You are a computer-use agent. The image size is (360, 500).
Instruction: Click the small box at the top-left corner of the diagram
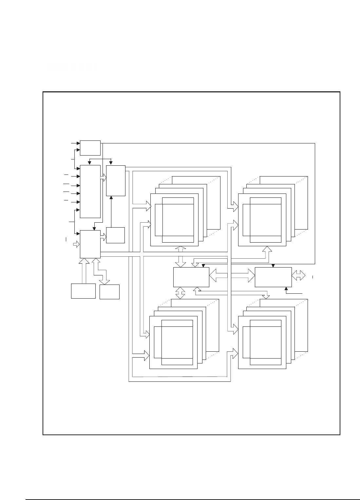click(90, 148)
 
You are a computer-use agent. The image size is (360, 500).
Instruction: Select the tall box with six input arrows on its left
click(90, 191)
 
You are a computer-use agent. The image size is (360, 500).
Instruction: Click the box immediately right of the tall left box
click(116, 181)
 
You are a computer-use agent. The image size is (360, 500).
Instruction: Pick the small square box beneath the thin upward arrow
click(116, 235)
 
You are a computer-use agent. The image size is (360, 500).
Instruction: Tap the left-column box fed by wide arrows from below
click(90, 244)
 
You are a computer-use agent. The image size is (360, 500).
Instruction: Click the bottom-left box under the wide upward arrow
click(83, 291)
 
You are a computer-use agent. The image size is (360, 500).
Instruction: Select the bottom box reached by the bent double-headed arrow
click(109, 292)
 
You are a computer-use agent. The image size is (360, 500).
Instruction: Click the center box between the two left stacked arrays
click(191, 277)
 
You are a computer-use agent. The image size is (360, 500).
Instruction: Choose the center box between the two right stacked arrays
click(273, 277)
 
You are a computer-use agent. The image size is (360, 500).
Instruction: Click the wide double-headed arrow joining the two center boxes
click(232, 275)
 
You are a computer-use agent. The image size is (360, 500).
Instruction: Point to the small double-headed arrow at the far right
click(298, 275)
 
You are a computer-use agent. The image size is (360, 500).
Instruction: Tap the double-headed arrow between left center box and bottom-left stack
click(180, 293)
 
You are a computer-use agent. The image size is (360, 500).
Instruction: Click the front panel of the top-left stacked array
click(174, 220)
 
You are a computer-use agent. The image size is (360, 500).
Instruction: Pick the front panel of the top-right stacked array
click(262, 220)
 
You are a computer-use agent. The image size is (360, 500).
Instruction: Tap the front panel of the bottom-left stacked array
click(173, 343)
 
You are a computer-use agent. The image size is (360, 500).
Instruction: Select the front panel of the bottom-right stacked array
click(262, 343)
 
